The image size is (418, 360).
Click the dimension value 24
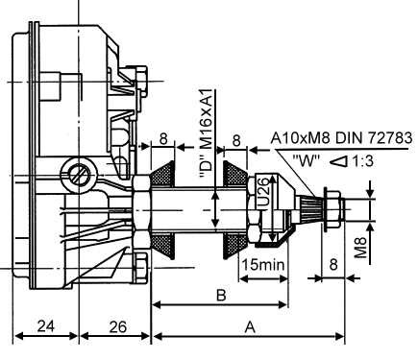44,326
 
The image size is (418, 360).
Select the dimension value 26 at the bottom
116,326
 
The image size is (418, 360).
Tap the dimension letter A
251,326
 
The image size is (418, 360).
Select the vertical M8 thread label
358,246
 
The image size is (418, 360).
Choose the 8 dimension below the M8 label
332,263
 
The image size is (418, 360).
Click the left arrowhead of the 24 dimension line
16,338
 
